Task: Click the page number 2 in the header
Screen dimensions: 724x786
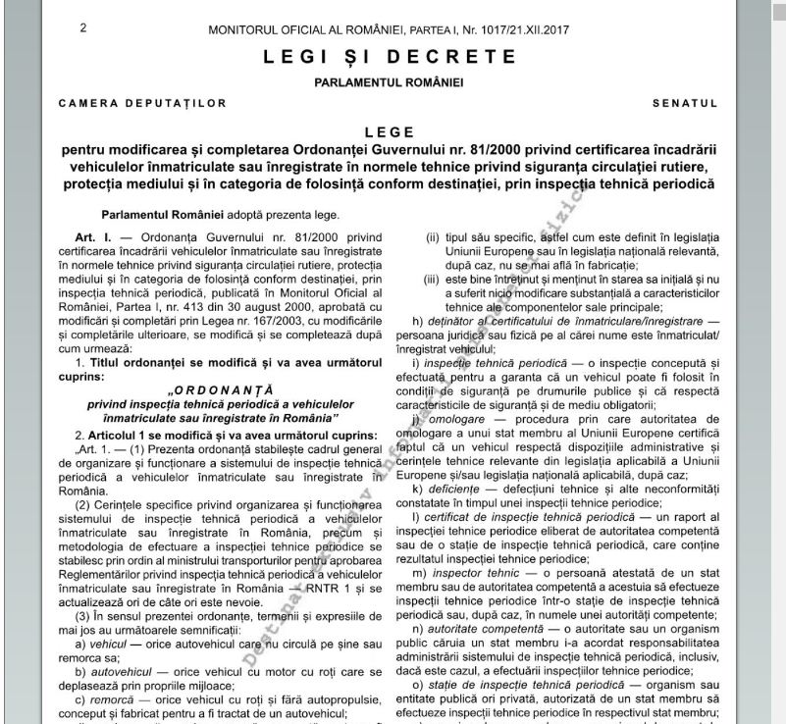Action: (83, 27)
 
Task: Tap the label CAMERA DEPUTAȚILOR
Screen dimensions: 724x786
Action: (142, 103)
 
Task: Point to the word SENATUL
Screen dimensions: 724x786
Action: (685, 103)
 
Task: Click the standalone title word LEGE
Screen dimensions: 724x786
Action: (389, 132)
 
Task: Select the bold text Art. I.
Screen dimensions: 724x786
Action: (95, 237)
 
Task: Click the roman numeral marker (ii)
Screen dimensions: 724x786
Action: (432, 237)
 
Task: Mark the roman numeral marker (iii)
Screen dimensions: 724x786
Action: (432, 280)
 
